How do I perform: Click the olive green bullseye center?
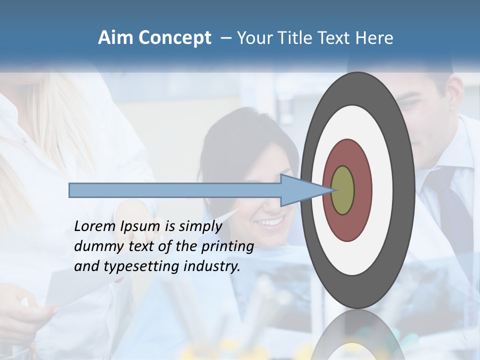coord(343,190)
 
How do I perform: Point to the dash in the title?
coord(225,37)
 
